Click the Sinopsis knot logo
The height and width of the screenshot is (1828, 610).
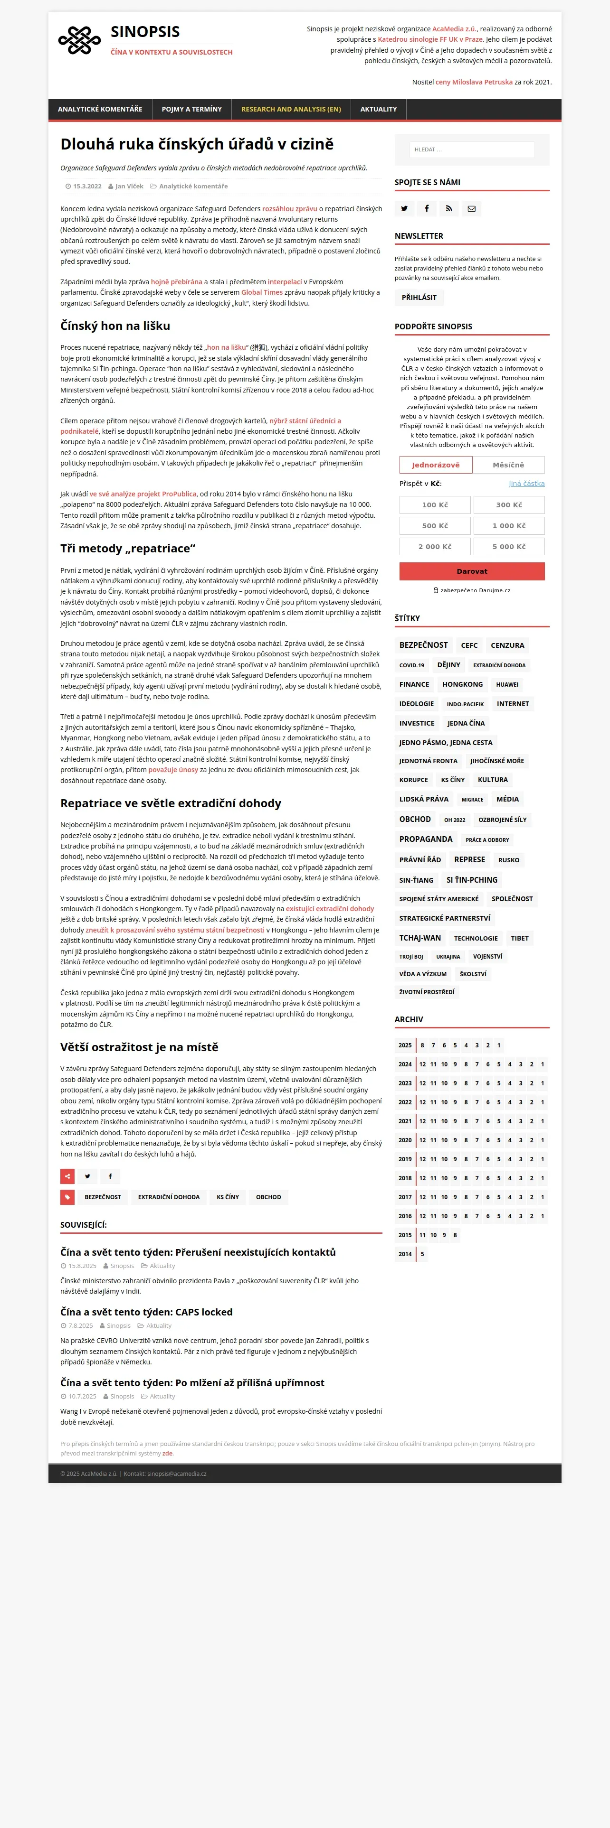click(x=79, y=40)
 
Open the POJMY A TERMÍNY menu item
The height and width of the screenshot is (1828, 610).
click(x=192, y=109)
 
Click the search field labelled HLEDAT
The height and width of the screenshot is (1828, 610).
click(x=472, y=150)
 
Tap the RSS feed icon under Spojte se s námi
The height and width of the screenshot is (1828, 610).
click(x=449, y=209)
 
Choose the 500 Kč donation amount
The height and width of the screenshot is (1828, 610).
click(x=435, y=526)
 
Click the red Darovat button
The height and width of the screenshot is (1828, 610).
click(x=472, y=571)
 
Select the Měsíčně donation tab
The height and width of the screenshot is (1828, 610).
click(x=508, y=465)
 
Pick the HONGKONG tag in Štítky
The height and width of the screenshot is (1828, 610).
click(x=462, y=685)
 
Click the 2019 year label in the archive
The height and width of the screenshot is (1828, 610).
click(x=405, y=1159)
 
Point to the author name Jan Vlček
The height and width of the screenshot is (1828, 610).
click(x=129, y=187)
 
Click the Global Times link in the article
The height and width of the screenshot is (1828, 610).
click(x=261, y=292)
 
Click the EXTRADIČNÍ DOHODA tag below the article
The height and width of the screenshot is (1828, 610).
click(x=168, y=1197)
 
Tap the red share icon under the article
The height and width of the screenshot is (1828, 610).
click(x=67, y=1176)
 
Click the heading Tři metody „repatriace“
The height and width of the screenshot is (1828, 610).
click(x=128, y=549)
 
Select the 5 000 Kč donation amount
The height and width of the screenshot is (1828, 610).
click(x=508, y=546)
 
